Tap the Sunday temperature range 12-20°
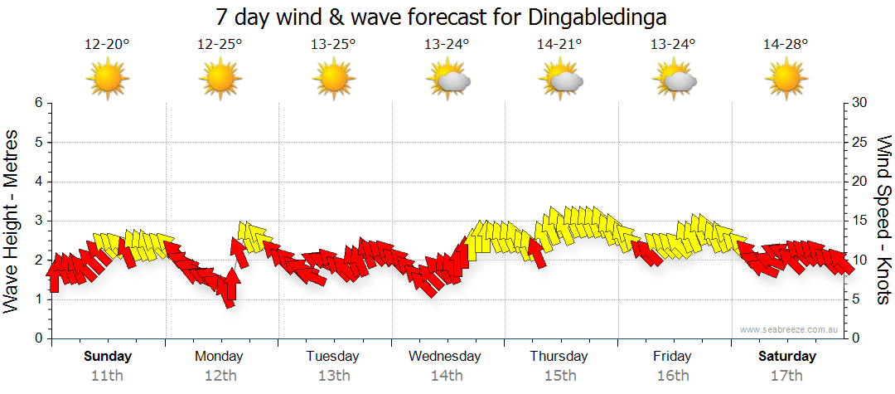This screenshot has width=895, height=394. [107, 44]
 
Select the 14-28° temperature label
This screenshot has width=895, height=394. [786, 44]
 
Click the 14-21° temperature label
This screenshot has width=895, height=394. [559, 44]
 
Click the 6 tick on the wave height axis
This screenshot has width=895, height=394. [37, 103]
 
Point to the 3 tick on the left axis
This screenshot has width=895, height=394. [37, 221]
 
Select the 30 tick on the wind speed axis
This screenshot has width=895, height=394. [860, 103]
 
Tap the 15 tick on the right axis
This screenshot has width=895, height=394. [860, 221]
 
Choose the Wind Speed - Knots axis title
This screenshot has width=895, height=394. [883, 220]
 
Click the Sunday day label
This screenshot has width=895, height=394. [108, 357]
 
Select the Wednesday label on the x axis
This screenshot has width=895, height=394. [445, 357]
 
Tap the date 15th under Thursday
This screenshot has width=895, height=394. [560, 376]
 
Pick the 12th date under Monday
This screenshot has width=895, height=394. [220, 376]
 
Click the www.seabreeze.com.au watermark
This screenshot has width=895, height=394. [790, 330]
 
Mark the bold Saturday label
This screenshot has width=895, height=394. [787, 357]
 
